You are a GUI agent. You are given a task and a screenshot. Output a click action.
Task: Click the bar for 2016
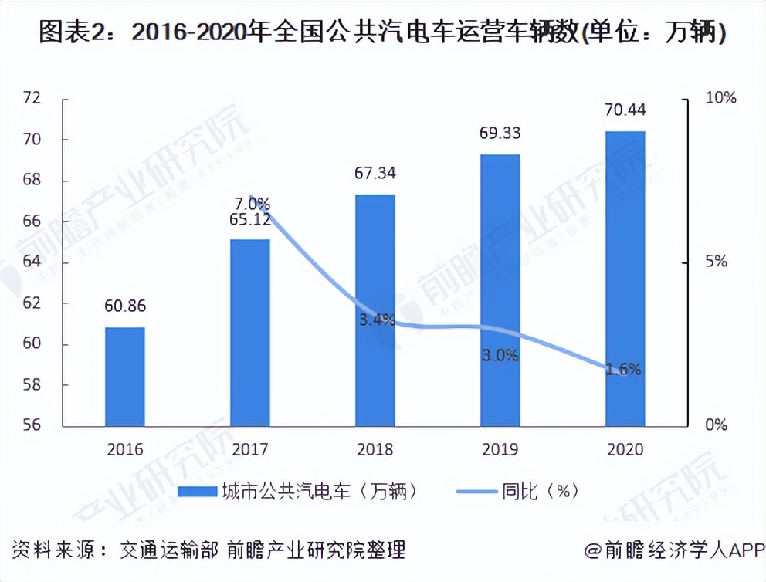125,376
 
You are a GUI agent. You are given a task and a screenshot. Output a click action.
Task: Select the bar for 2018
375,310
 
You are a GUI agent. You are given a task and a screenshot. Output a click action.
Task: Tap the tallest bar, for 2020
625,278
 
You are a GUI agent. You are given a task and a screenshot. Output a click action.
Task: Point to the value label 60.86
125,306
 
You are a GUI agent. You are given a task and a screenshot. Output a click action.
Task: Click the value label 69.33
500,133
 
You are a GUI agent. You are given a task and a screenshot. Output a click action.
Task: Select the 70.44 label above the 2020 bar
625,110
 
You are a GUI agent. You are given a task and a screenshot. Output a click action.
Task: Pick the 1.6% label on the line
623,369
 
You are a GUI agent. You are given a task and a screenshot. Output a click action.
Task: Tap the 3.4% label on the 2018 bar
376,319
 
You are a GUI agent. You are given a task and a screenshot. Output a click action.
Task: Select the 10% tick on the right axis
721,99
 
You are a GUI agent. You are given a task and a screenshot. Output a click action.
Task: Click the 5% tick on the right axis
717,262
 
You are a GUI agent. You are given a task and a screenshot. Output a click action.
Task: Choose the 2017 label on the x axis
250,449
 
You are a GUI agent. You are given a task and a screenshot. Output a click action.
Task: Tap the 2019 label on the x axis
500,449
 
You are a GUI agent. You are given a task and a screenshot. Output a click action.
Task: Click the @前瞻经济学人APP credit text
673,550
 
